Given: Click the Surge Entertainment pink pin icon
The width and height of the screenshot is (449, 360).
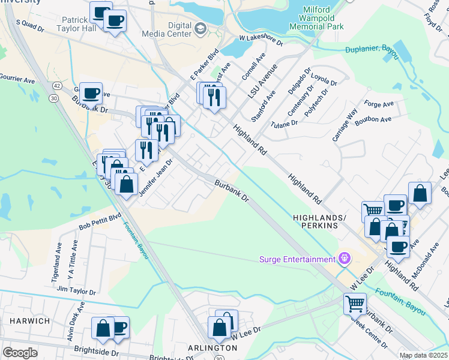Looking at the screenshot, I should pyautogui.click(x=343, y=259).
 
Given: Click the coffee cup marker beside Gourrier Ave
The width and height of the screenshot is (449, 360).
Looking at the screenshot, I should pyautogui.click(x=91, y=94).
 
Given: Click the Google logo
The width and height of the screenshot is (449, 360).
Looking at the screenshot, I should pyautogui.click(x=20, y=352).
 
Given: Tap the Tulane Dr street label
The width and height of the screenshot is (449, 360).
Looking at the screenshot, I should pyautogui.click(x=284, y=123).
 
